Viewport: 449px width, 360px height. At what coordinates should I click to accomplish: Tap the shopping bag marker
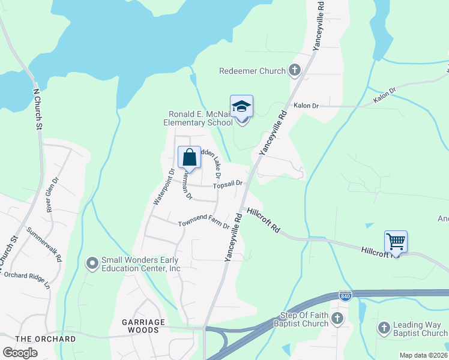pos(189,158)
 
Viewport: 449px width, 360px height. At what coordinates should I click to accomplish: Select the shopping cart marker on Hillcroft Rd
pos(396,242)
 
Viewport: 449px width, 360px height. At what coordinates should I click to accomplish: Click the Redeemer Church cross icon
pos(294,71)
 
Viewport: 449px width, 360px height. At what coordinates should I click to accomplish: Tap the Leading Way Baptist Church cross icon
pos(384,328)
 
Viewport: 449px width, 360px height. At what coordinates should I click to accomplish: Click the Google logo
pos(20,353)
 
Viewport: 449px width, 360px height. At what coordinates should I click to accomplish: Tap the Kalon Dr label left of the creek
pos(306,106)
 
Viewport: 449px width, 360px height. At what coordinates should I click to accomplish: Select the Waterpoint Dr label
pos(163,187)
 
